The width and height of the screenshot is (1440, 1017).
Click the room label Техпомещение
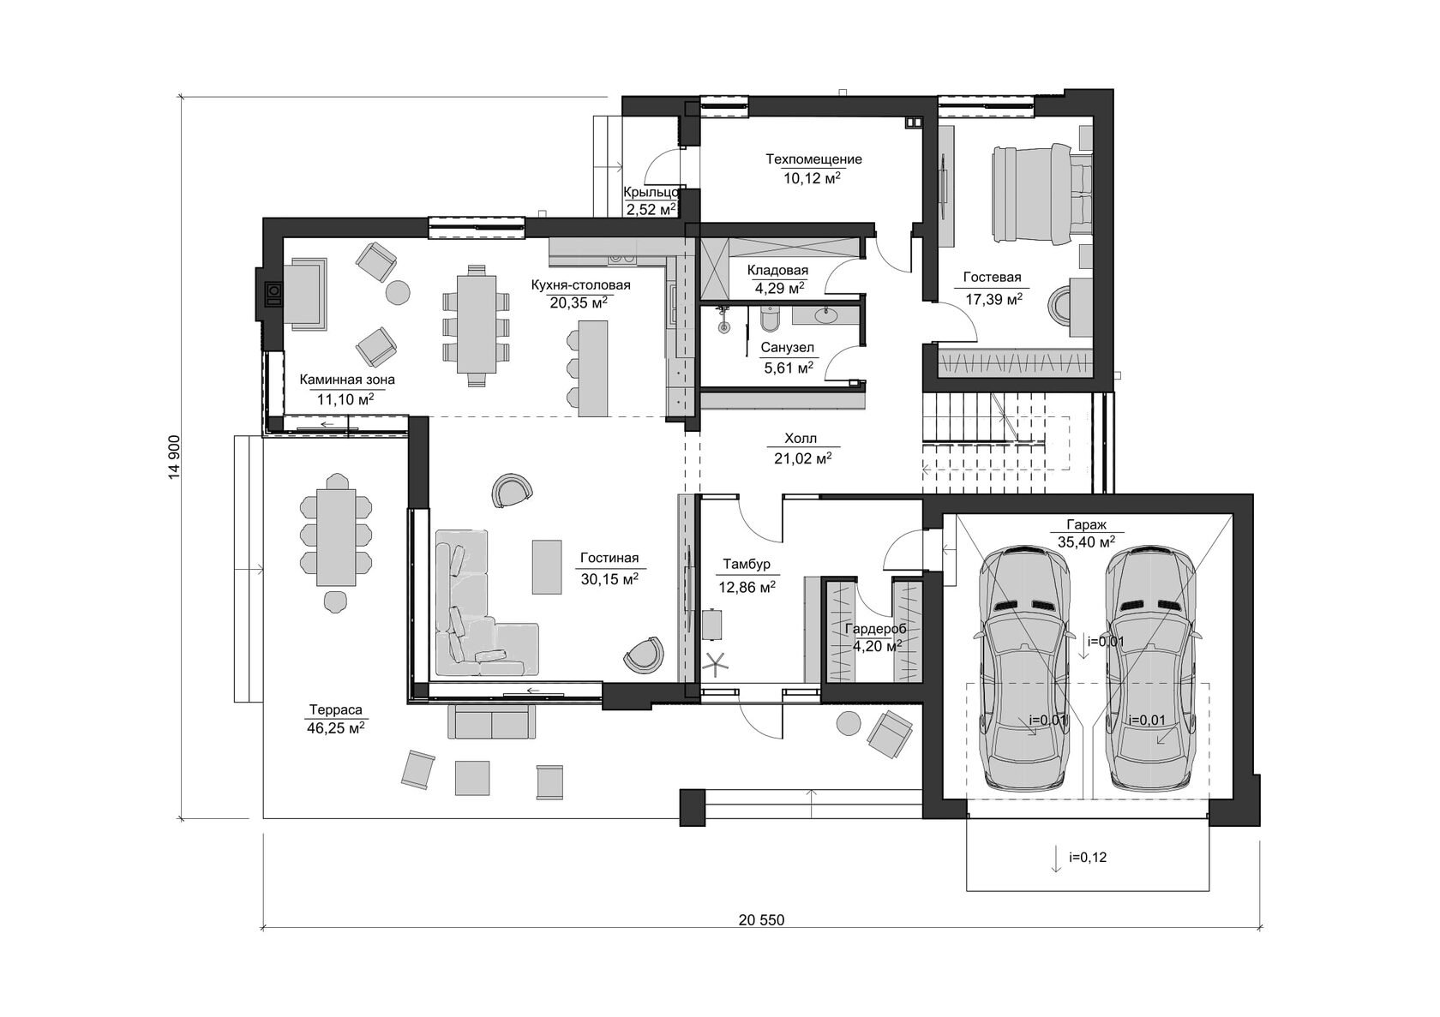click(813, 159)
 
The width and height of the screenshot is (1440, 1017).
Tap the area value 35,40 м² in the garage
click(1087, 542)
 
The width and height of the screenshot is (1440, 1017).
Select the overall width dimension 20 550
click(762, 920)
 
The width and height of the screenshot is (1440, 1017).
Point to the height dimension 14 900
click(174, 458)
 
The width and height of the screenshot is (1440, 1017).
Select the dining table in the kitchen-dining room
click(477, 324)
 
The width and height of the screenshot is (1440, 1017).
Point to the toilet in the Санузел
click(768, 319)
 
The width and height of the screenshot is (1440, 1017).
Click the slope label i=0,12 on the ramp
click(1088, 857)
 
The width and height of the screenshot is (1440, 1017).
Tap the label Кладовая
click(778, 271)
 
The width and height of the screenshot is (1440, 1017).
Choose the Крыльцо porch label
click(651, 192)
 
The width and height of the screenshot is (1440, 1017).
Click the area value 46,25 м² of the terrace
click(336, 728)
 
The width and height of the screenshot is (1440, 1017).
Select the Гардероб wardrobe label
click(876, 629)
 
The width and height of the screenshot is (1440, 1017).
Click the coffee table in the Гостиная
click(547, 566)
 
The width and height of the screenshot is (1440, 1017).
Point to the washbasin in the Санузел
click(825, 315)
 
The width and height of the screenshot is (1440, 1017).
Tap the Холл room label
click(801, 439)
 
